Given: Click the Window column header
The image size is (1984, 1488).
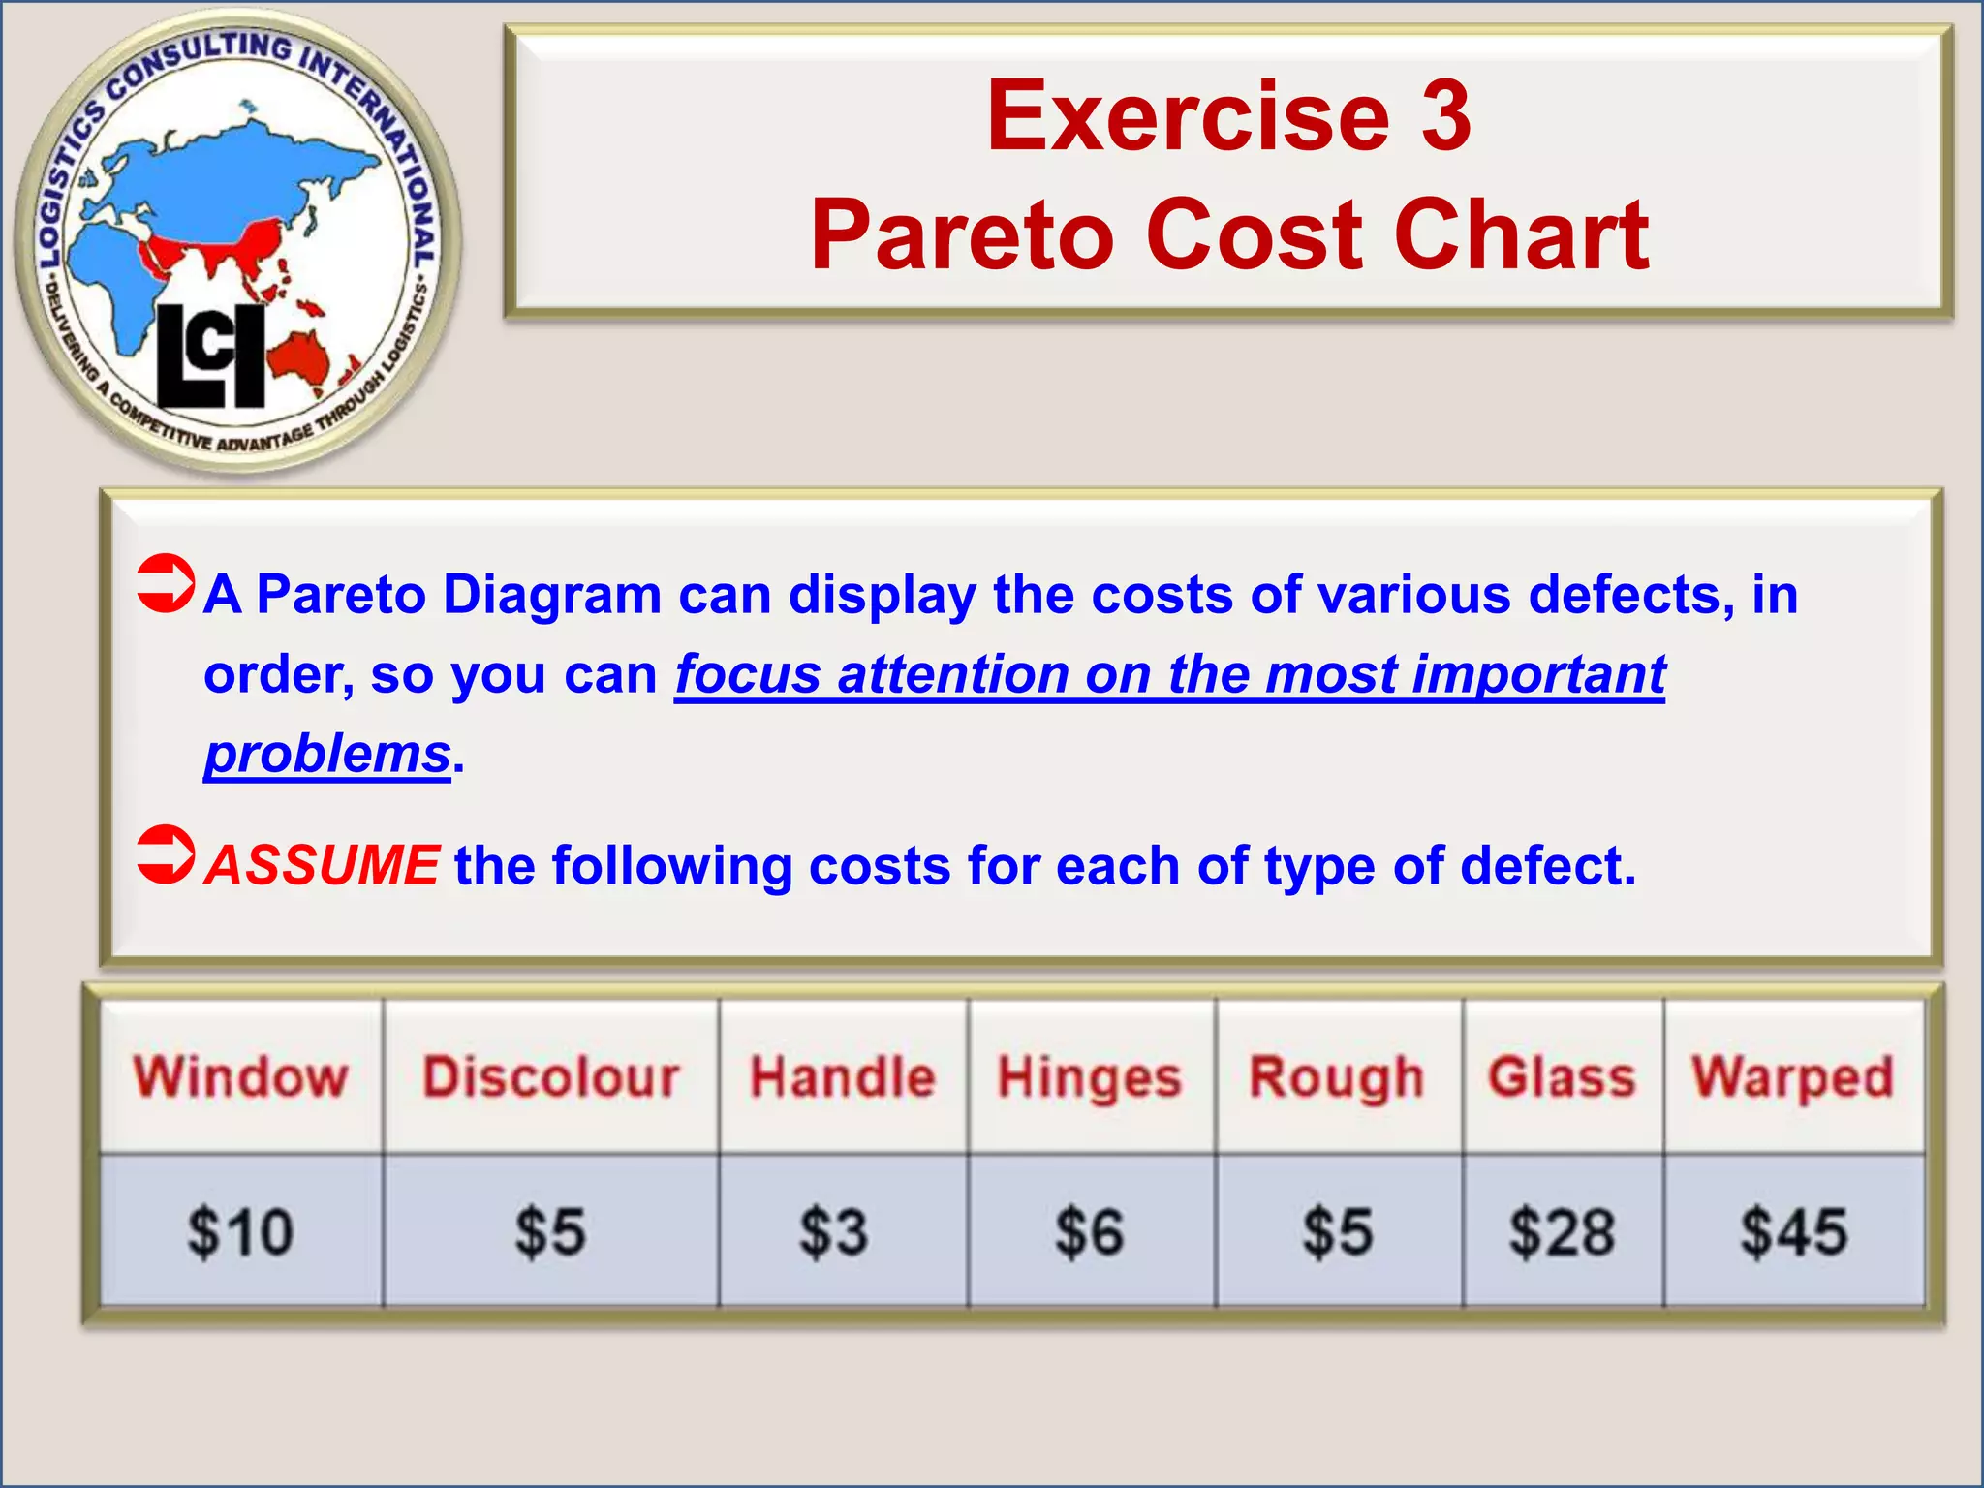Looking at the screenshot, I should pos(240,1077).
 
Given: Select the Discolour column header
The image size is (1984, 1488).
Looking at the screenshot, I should pos(550,1077).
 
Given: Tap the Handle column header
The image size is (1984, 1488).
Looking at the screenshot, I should pos(843,1077).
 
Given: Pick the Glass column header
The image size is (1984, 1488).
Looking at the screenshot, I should pos(1562,1077).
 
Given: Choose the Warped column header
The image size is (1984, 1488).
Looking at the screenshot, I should pos(1792,1077).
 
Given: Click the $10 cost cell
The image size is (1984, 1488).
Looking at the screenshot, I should pos(240,1232).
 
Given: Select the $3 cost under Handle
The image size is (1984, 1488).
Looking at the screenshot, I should pos(833,1232).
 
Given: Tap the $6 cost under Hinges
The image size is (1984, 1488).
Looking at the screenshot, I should pos(1090,1232).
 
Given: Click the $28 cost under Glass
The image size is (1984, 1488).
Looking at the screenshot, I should pos(1562,1232).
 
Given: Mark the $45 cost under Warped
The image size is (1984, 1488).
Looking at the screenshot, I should pos(1794,1232).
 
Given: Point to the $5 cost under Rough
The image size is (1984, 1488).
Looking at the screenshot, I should pos(1338,1232).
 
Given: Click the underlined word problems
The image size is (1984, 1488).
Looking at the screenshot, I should pos(327,754).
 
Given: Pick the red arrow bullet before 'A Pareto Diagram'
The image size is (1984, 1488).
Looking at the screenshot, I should pos(166,584).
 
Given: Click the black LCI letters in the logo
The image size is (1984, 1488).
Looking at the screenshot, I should pos(211,356).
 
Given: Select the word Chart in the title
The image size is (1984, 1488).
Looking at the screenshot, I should pos(1521,235).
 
